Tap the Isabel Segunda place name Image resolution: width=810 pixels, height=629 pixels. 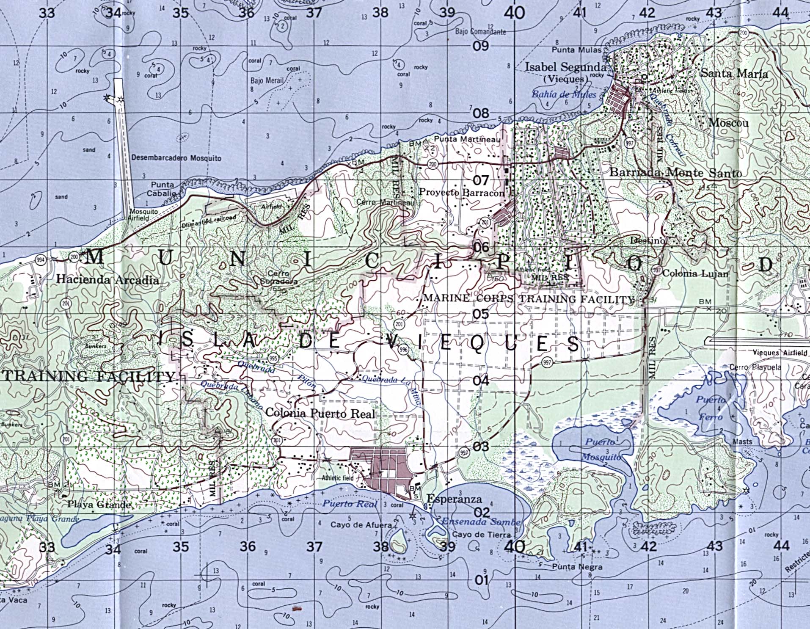tap(565, 67)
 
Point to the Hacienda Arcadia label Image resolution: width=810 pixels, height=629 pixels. tap(108, 280)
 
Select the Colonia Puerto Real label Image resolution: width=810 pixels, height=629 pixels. tap(320, 413)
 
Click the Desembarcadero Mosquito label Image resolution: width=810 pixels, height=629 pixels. tap(176, 158)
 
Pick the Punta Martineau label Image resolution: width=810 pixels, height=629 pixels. tap(467, 139)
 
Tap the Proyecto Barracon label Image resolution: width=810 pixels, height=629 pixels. tap(462, 192)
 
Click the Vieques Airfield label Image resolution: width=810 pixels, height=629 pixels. tap(780, 353)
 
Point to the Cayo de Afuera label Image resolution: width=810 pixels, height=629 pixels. tap(361, 525)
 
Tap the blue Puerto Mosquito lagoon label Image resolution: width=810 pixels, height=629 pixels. tap(601, 450)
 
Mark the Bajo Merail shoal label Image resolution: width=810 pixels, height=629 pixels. tap(267, 80)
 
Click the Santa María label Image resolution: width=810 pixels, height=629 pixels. tap(734, 73)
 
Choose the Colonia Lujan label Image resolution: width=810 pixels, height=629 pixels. tap(695, 273)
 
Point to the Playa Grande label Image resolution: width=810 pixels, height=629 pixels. tap(99, 505)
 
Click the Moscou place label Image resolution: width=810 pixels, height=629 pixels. tap(728, 123)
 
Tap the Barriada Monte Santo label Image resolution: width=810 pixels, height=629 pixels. tap(675, 173)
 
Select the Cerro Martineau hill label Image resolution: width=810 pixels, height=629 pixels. tap(385, 202)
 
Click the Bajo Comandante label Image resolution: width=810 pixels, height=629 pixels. tap(480, 32)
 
